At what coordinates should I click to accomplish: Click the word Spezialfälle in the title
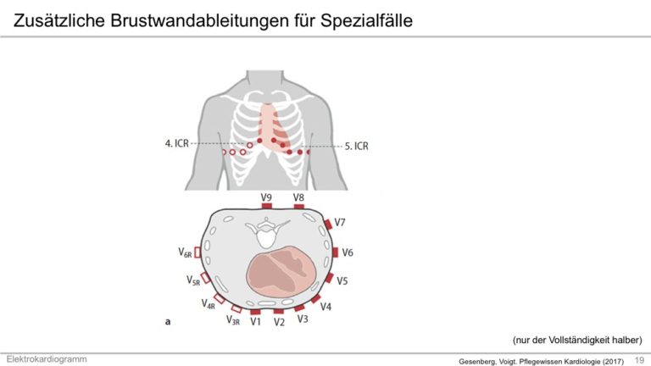click(x=366, y=20)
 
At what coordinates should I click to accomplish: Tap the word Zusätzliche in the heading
click(x=59, y=20)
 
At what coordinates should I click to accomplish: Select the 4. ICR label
click(x=177, y=143)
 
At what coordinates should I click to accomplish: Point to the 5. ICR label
click(x=357, y=146)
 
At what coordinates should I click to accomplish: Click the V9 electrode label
click(x=266, y=197)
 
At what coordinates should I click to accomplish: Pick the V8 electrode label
click(x=298, y=197)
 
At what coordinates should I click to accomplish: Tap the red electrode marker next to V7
click(x=328, y=224)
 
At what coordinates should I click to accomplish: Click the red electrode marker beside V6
click(x=335, y=252)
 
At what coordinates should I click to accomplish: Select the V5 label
click(x=342, y=281)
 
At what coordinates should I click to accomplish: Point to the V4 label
click(x=325, y=307)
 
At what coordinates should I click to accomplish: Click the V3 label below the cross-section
click(x=303, y=319)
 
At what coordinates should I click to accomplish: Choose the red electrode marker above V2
click(x=279, y=311)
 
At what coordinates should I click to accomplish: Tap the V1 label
click(x=255, y=322)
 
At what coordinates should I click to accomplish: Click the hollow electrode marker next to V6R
click(x=198, y=252)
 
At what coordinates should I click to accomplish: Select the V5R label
click(x=193, y=281)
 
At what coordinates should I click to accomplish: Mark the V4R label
click(x=208, y=304)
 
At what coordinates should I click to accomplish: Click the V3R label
click(x=233, y=320)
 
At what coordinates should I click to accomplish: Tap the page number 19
click(x=639, y=360)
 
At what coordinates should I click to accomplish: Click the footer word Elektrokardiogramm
click(x=47, y=359)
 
